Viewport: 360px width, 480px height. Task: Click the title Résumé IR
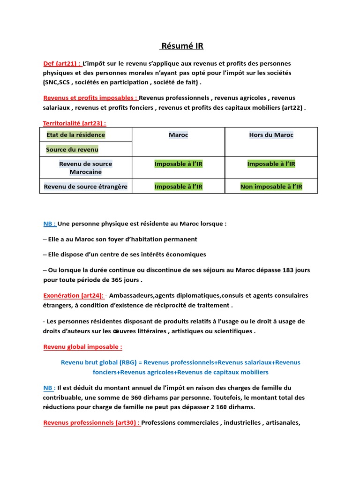(182, 46)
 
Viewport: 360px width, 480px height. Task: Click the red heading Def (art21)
(62, 63)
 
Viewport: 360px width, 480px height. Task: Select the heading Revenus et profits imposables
(90, 98)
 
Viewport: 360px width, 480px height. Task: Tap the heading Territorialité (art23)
(75, 123)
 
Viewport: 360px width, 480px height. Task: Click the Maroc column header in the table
(178, 135)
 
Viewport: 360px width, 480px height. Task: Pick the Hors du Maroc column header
(271, 135)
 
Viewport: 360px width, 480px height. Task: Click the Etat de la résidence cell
(75, 135)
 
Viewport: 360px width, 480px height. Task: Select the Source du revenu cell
(72, 150)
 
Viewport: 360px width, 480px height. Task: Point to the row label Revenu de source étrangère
(85, 187)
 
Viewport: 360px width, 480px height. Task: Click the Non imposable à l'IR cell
(271, 187)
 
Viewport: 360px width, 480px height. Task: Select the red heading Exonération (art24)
(73, 295)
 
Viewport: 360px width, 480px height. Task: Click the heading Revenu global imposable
(82, 347)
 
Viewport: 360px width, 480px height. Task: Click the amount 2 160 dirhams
(232, 406)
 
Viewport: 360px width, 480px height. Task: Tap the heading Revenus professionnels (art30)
(91, 422)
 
